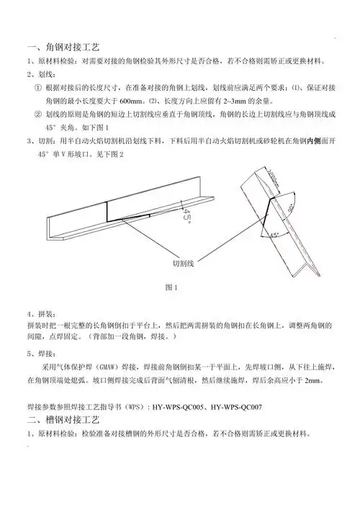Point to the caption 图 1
171,288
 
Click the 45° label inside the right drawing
274,235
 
